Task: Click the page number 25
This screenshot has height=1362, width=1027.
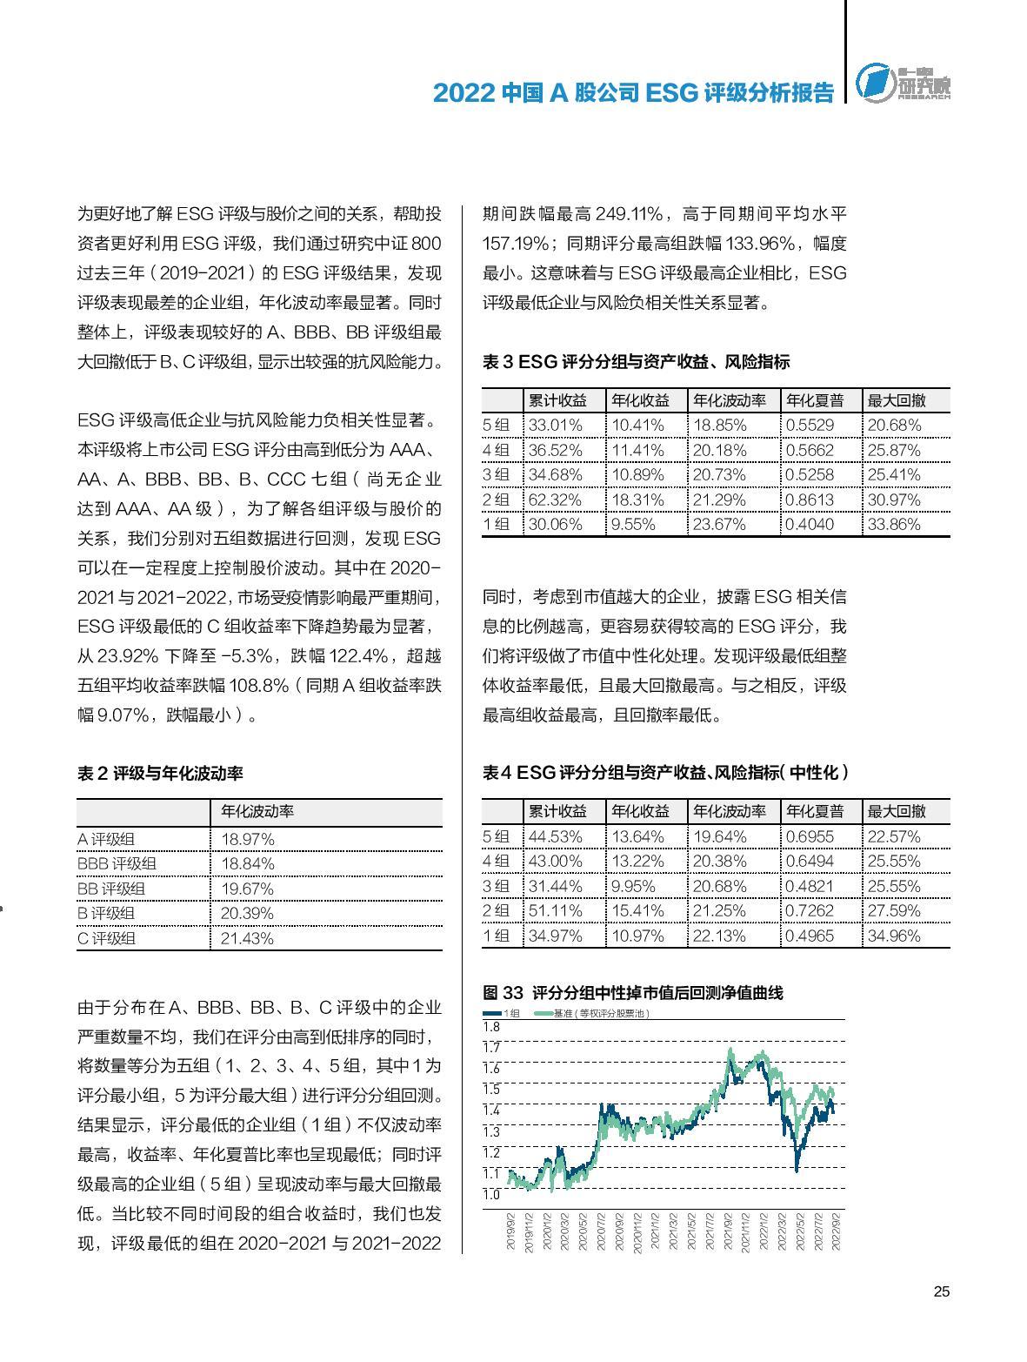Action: tap(941, 1292)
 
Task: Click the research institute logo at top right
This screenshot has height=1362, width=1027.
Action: tap(902, 84)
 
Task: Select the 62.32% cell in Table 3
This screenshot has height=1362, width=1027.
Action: tap(555, 500)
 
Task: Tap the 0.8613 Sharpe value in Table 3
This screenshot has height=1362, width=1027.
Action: tap(809, 500)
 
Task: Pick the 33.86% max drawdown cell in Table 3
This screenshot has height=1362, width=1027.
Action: tap(894, 524)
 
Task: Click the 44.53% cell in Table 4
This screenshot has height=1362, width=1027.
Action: tap(555, 836)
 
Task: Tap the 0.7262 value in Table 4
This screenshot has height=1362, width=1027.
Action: tap(809, 910)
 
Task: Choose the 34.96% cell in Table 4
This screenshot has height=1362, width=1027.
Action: tap(894, 936)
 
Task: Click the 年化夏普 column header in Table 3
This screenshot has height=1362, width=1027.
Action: tap(815, 400)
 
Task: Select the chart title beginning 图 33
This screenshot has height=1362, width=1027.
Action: tap(633, 992)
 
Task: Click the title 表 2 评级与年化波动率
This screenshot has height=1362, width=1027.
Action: tap(160, 773)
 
